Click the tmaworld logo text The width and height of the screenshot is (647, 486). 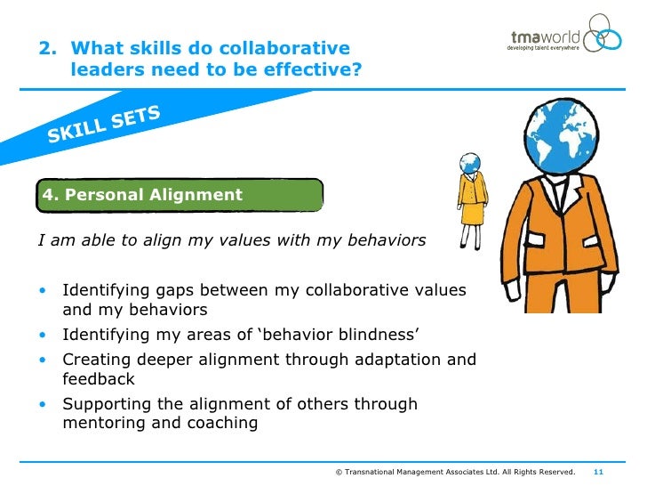[x=543, y=36]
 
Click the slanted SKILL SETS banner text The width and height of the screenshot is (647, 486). [x=104, y=124]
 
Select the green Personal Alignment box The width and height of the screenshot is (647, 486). [x=179, y=195]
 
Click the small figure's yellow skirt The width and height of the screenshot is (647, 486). [x=471, y=214]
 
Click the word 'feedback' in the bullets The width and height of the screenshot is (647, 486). [x=99, y=378]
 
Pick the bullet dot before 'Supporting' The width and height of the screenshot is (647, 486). [x=43, y=405]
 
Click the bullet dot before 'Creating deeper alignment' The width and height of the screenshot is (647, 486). [x=43, y=360]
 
